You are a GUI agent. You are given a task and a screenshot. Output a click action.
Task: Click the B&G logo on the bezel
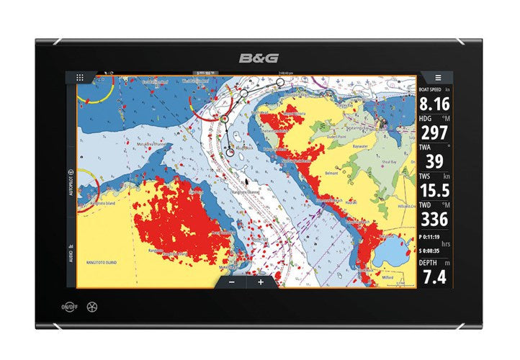click(259, 58)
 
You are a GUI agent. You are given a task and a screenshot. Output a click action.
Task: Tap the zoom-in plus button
click(261, 282)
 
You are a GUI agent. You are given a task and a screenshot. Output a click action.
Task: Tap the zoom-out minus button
click(232, 282)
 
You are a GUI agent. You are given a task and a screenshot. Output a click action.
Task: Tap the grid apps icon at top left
click(80, 77)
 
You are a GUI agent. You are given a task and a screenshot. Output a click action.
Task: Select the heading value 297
click(435, 133)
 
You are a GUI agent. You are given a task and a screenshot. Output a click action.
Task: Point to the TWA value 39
click(434, 162)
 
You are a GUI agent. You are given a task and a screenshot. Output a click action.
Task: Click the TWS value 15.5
click(434, 191)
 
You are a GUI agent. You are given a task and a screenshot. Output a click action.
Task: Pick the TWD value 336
click(435, 219)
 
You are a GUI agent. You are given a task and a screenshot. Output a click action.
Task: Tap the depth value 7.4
click(434, 276)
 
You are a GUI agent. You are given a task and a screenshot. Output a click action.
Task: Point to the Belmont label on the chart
click(331, 174)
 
